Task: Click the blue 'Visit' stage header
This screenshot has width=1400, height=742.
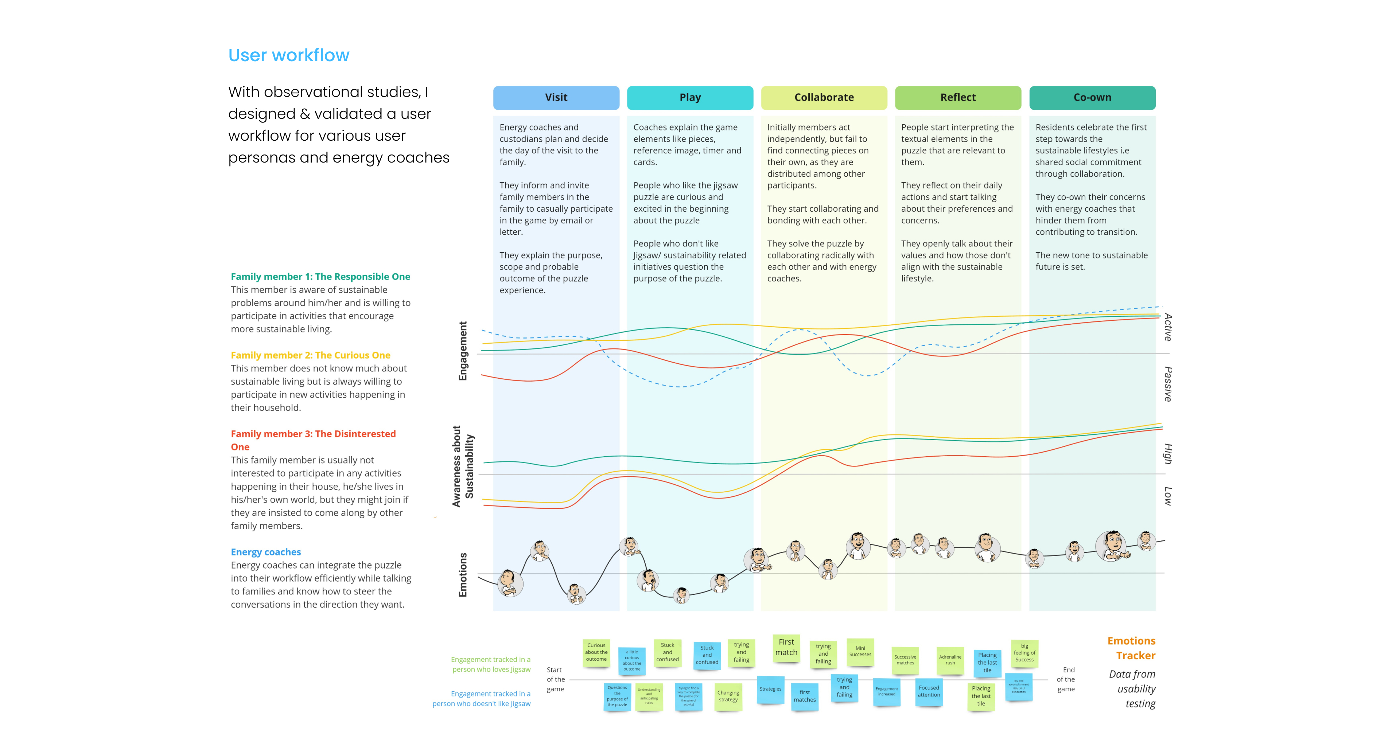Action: point(556,98)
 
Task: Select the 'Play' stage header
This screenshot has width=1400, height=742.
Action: point(690,98)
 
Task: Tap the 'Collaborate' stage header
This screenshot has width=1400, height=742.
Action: point(824,98)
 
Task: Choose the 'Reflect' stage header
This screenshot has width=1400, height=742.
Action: point(958,98)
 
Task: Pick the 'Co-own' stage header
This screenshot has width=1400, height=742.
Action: point(1092,98)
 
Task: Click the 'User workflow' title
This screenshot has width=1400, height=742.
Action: point(289,55)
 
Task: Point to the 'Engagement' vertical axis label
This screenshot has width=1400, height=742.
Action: point(463,351)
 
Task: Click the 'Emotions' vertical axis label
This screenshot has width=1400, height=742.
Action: point(463,575)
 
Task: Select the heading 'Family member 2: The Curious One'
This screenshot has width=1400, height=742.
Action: point(310,355)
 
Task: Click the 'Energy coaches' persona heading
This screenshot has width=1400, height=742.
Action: point(266,552)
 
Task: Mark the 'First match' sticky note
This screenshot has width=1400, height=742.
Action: point(786,648)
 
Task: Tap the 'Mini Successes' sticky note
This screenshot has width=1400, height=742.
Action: point(860,651)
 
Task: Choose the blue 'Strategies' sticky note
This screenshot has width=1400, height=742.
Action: point(770,689)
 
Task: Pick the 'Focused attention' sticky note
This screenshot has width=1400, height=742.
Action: point(929,691)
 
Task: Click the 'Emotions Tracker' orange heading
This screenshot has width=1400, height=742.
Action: point(1132,648)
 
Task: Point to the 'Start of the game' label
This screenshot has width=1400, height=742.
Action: point(555,680)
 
